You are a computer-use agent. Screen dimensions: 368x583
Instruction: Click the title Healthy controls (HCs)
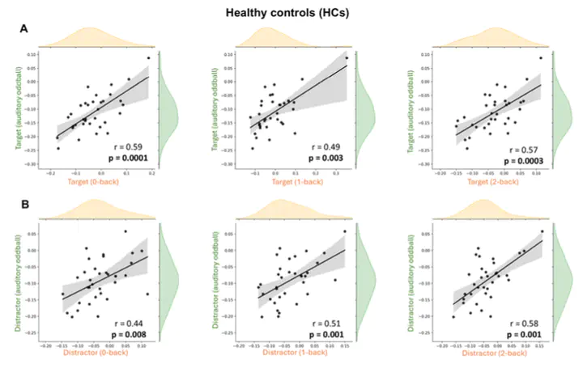[x=291, y=12]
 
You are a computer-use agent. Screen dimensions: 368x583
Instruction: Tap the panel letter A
[x=24, y=28]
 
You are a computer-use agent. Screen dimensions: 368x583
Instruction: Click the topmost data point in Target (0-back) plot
[x=148, y=58]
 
